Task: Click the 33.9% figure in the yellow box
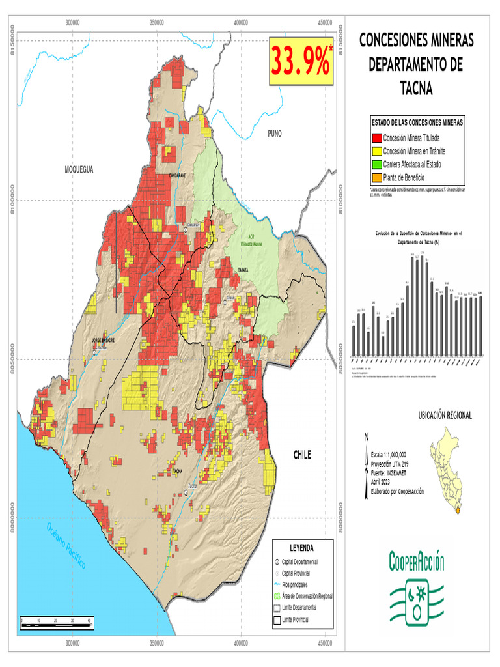tap(301, 62)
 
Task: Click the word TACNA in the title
tap(416, 88)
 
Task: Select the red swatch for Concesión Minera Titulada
tap(376, 138)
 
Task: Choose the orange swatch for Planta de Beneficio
tap(376, 177)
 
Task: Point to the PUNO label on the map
tap(274, 133)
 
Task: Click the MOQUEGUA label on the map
tap(79, 169)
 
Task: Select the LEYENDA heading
tap(302, 547)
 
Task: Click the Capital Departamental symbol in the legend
tap(277, 561)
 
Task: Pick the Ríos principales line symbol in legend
tap(277, 584)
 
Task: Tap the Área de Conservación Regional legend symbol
tap(277, 596)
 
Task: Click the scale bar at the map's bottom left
tap(57, 624)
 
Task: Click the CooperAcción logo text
tap(417, 560)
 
